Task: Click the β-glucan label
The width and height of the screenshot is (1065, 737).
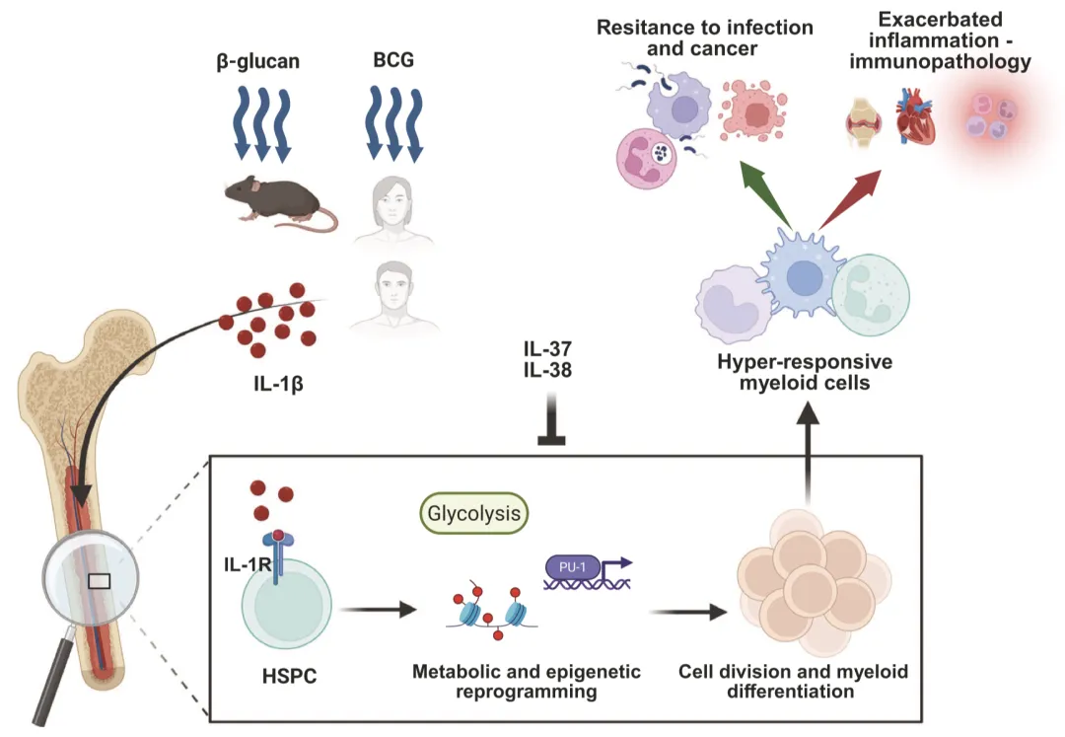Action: pyautogui.click(x=257, y=61)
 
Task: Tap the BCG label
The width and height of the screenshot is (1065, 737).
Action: pyautogui.click(x=393, y=61)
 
